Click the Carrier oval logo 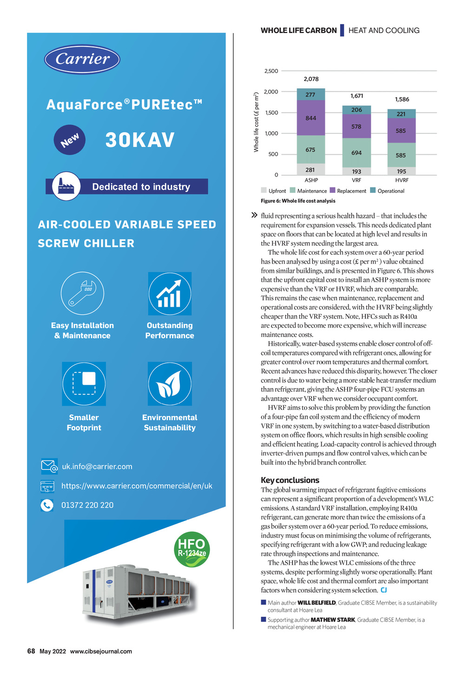[x=82, y=59]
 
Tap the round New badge [x=70, y=140]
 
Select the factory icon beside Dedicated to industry [x=66, y=186]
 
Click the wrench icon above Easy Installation [x=82, y=293]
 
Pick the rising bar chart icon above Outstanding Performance [x=170, y=294]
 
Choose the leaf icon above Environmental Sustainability [x=170, y=384]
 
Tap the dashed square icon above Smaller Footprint [x=84, y=384]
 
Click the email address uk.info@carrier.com [x=97, y=467]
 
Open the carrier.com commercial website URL [x=137, y=486]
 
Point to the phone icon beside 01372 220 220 [x=47, y=505]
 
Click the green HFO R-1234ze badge [x=192, y=549]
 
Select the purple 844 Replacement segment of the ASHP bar [x=311, y=118]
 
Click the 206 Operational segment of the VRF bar [x=357, y=110]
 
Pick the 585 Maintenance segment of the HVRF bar [x=401, y=155]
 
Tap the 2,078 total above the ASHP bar [x=311, y=79]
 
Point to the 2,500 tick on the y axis [x=271, y=71]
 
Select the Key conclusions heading [x=290, y=480]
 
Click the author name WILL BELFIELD [x=317, y=603]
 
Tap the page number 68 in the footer [x=31, y=651]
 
